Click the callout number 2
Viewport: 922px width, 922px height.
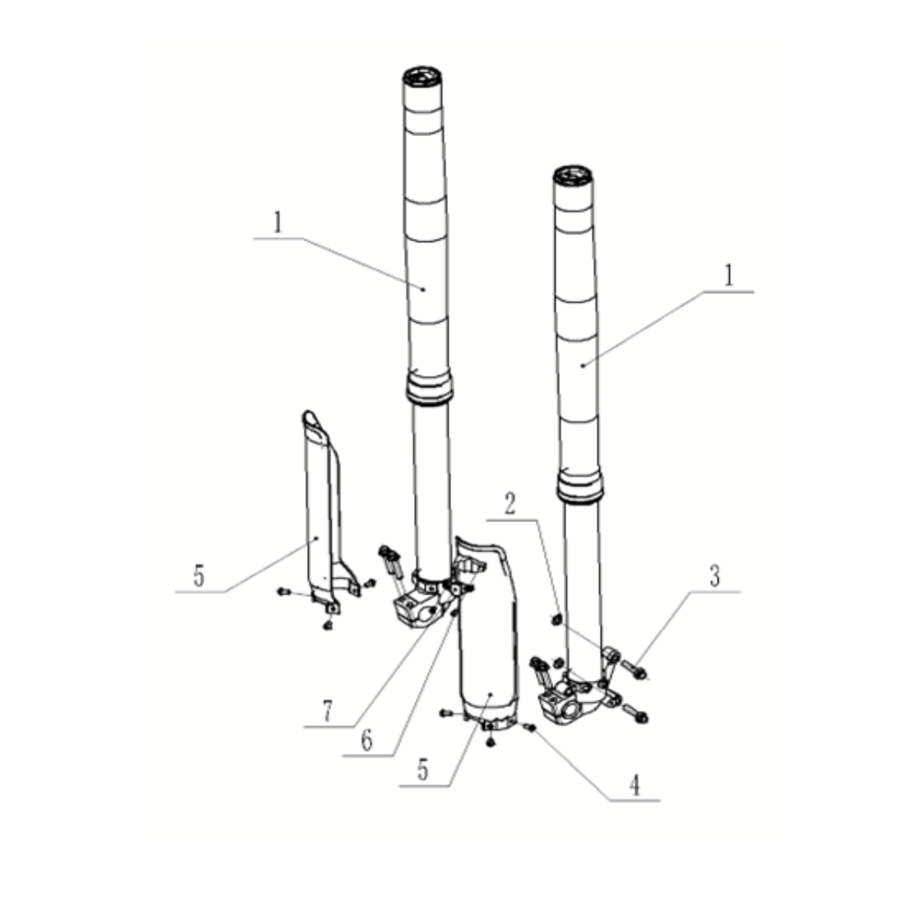tap(510, 504)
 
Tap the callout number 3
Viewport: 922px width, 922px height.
tap(715, 576)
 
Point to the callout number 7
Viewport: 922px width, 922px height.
tap(327, 711)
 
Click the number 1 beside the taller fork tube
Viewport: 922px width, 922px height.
tap(277, 223)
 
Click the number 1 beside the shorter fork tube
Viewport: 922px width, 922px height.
tap(728, 276)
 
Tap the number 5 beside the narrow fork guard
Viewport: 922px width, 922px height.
tap(198, 576)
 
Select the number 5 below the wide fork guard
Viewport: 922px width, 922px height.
tap(423, 771)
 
